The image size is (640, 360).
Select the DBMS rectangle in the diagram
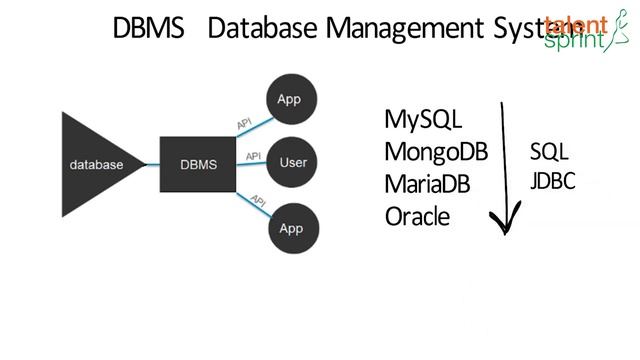click(198, 164)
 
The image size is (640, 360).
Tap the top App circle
click(289, 99)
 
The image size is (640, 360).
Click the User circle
click(292, 162)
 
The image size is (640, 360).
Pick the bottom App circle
click(291, 228)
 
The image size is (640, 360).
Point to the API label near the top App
click(244, 122)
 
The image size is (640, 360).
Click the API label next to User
click(253, 156)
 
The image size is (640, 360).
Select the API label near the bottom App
click(257, 201)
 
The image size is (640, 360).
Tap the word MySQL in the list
click(423, 120)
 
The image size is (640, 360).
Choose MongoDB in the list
click(435, 152)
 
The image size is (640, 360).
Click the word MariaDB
click(427, 185)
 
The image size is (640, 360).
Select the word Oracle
click(417, 217)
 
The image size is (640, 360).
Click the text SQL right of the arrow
click(549, 152)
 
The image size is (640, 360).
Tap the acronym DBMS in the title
click(148, 29)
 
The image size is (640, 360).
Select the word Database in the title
click(263, 29)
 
